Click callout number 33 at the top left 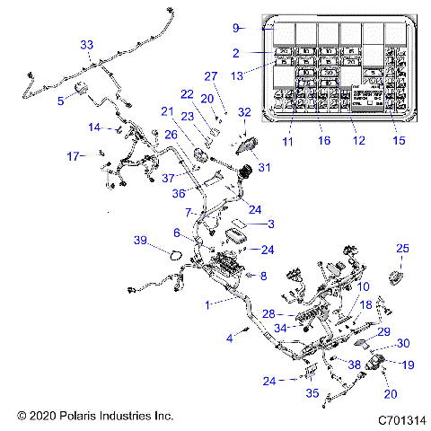(86, 44)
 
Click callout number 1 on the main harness (209, 305)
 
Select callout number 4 (229, 338)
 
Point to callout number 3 (272, 224)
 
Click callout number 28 (268, 313)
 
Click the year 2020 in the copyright (40, 417)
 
